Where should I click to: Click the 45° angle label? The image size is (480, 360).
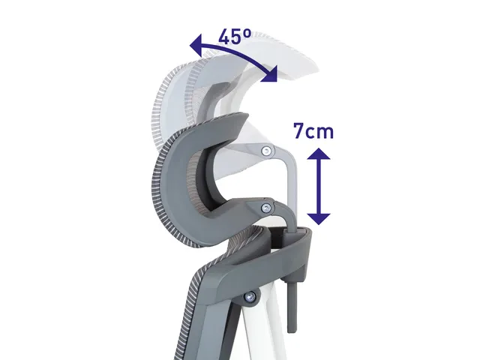tap(235, 37)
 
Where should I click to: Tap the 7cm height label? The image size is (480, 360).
tap(313, 131)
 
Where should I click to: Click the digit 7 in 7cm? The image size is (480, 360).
tap(299, 131)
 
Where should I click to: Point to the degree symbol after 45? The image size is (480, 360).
tap(247, 32)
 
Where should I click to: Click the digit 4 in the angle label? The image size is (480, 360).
tap(224, 37)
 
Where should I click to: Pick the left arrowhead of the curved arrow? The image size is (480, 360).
tap(196, 45)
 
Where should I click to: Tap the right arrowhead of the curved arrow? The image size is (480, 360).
tap(269, 75)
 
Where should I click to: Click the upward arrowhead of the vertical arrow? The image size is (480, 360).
tap(319, 154)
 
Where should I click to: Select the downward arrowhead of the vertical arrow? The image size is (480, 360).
tap(319, 219)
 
